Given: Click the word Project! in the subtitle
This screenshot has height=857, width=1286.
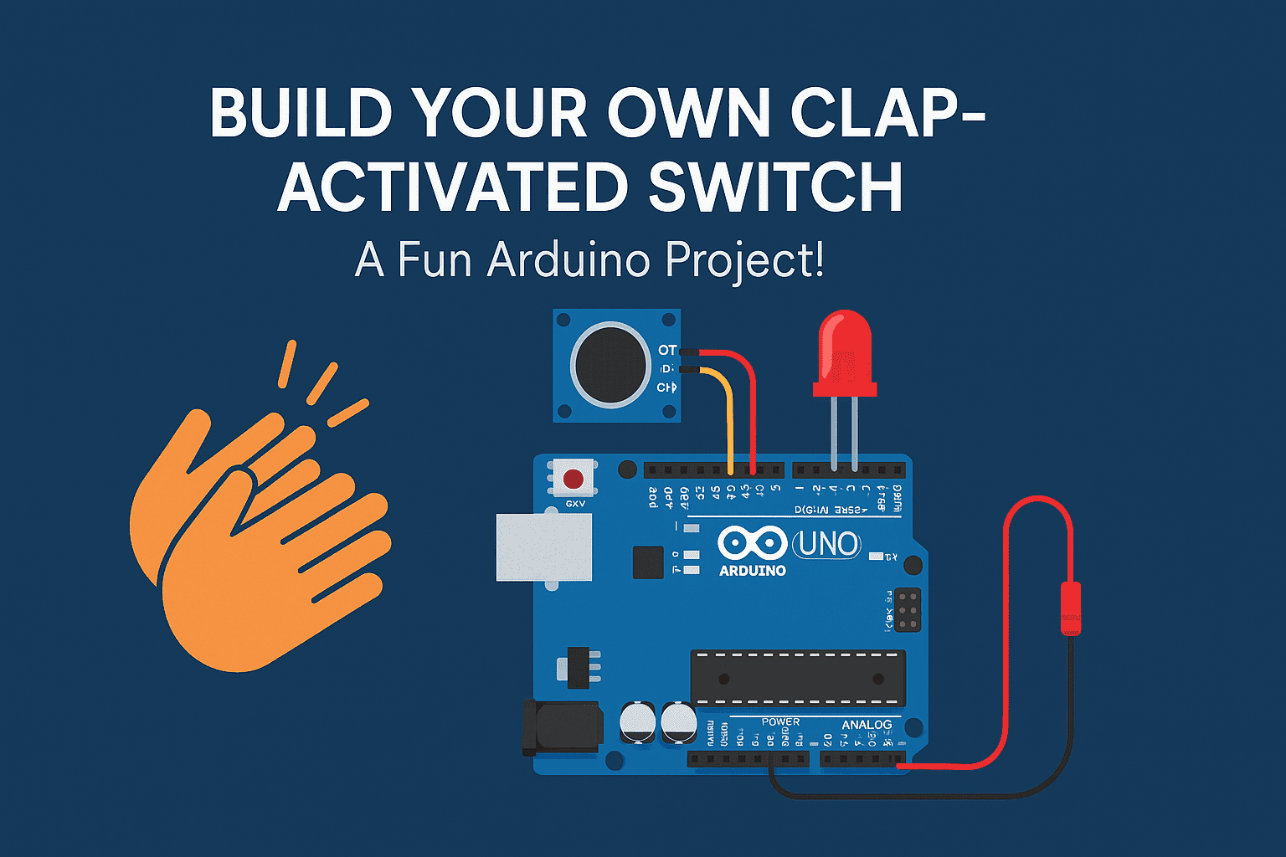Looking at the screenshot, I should [x=745, y=261].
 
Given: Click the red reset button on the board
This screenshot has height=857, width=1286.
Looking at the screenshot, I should [x=574, y=480].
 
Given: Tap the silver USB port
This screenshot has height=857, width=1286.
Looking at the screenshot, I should [x=543, y=547].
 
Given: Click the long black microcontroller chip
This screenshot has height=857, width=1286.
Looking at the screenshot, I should [x=797, y=678].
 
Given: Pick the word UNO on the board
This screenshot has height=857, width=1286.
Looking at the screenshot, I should [x=826, y=545].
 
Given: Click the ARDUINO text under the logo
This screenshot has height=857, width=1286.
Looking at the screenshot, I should [x=752, y=571].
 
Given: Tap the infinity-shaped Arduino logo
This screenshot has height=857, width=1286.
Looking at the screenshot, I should [x=752, y=543].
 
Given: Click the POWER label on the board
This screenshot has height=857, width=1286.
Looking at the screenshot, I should [x=780, y=721].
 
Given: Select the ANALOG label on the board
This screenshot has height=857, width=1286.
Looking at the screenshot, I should [x=867, y=725].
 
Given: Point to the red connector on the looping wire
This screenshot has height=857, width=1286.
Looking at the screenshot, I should [x=1070, y=608].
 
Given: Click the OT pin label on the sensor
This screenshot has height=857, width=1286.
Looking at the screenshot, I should [x=667, y=350].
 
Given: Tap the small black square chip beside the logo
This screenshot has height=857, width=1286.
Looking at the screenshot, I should [x=648, y=562].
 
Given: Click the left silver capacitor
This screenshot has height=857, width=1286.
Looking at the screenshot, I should [x=638, y=721].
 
